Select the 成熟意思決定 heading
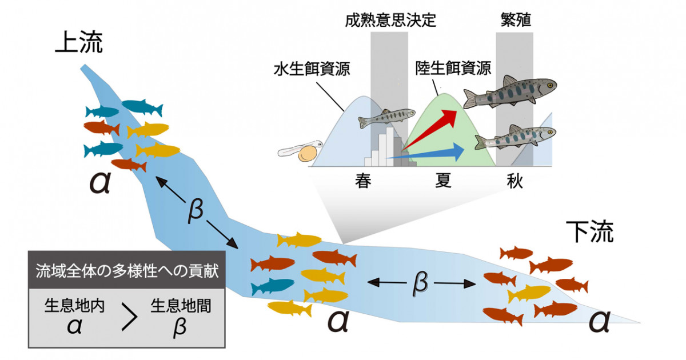tap(390, 21)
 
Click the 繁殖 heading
tap(514, 21)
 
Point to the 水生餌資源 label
tap(312, 70)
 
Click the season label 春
tap(364, 181)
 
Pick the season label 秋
tap(514, 181)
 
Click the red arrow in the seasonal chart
tap(434, 129)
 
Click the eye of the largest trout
tap(549, 86)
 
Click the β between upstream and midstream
tap(195, 212)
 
